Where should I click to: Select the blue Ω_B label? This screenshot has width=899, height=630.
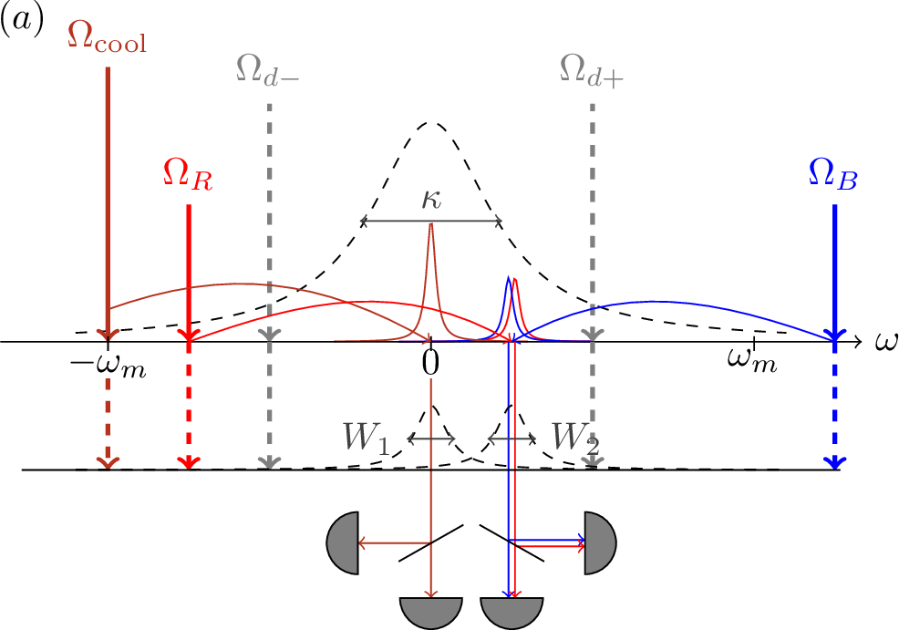point(832,174)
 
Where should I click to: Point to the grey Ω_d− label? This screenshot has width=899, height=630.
point(267,71)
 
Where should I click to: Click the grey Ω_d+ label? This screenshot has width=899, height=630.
point(591,72)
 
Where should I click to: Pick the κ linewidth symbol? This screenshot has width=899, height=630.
point(431,200)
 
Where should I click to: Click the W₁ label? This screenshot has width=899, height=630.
point(367,438)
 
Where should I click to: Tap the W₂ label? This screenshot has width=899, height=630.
point(575,438)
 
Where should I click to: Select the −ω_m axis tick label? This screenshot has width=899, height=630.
point(108,366)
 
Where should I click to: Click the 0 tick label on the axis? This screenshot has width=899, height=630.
point(430,362)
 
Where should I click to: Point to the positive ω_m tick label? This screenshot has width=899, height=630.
point(752,360)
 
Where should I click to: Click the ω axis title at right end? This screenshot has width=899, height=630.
point(886,342)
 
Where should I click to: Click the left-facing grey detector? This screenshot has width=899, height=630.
point(342,542)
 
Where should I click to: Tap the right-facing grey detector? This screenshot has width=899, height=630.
point(600,542)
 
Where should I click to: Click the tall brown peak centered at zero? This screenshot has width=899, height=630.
point(430,224)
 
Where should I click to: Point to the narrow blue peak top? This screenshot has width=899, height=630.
point(508,278)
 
